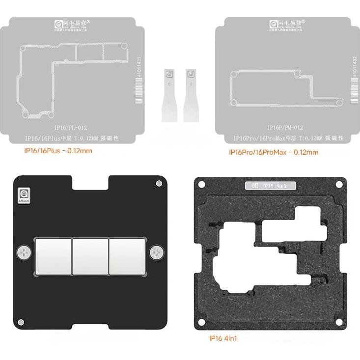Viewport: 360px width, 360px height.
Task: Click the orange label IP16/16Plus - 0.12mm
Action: [58, 151]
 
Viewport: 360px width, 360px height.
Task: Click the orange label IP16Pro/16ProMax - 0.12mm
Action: [274, 152]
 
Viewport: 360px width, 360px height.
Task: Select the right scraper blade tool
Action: [191, 94]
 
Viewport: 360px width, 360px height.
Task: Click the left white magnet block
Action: [53, 256]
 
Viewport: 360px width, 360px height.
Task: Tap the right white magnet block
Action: [127, 256]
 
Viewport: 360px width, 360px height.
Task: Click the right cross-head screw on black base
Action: [157, 252]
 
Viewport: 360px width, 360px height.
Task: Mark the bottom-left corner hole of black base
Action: [21, 322]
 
